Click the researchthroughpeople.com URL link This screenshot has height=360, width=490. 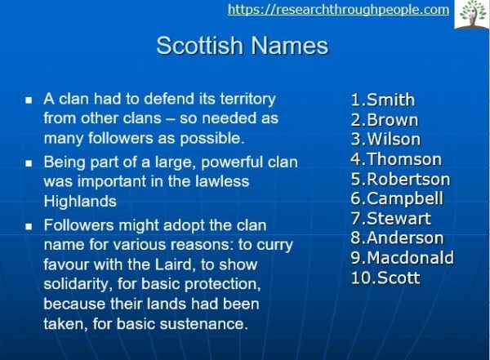[x=338, y=10]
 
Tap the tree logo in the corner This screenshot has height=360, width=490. [x=472, y=14]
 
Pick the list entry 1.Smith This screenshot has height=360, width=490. [x=382, y=100]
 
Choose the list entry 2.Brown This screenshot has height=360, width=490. [x=384, y=120]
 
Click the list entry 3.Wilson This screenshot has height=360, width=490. [x=385, y=139]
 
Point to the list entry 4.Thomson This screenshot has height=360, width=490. [x=396, y=159]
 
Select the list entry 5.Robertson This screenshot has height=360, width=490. [x=400, y=179]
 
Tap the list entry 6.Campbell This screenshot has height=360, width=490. [x=397, y=198]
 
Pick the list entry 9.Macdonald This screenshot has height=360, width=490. [x=402, y=258]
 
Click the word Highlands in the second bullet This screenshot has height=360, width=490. [x=80, y=201]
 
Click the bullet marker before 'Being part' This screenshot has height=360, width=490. [x=28, y=163]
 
